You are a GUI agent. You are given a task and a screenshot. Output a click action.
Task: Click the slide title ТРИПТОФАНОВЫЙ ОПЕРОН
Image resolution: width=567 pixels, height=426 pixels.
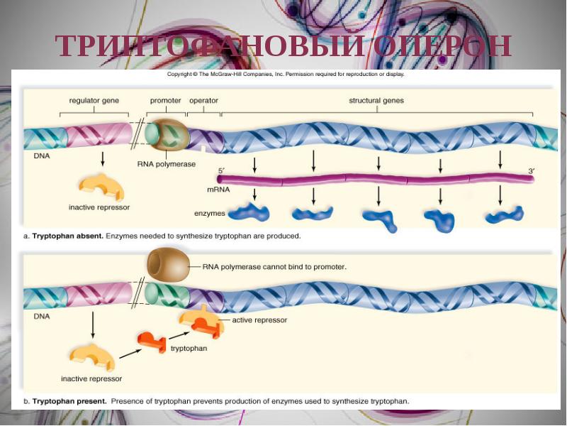tap(283, 46)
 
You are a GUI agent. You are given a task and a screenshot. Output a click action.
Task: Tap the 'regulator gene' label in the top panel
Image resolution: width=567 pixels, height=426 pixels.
tap(94, 101)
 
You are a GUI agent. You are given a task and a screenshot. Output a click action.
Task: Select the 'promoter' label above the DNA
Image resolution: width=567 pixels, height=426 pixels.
tap(166, 101)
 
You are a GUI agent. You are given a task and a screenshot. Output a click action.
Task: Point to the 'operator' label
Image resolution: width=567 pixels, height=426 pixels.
tap(203, 101)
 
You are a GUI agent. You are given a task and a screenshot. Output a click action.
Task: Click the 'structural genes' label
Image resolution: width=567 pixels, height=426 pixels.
tap(376, 101)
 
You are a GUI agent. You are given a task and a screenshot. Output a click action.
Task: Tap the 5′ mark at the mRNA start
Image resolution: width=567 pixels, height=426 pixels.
tap(220, 171)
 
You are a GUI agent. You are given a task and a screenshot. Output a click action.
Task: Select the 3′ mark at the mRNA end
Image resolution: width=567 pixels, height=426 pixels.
tap(531, 171)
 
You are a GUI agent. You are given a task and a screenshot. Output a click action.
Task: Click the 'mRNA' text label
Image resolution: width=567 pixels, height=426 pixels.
tap(218, 190)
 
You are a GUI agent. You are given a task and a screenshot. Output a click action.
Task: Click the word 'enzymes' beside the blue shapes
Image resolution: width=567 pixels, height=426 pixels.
tap(209, 213)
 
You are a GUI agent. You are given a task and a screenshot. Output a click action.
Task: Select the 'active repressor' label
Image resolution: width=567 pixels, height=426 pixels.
tap(259, 320)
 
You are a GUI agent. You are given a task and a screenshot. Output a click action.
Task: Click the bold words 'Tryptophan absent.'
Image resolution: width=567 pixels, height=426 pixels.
tap(68, 235)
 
